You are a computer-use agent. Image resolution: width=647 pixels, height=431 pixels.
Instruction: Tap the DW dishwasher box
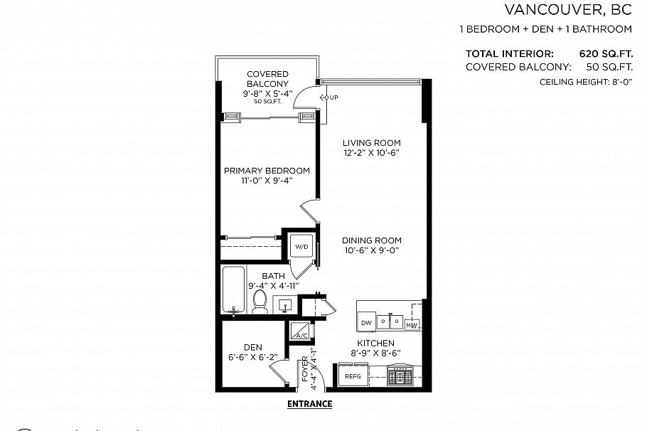[x=367, y=323]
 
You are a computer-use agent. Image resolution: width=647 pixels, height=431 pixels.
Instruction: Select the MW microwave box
[x=412, y=324]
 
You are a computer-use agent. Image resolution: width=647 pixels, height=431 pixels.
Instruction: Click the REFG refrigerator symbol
[x=353, y=376]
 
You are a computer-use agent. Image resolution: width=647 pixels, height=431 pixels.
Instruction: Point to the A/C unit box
[x=297, y=332]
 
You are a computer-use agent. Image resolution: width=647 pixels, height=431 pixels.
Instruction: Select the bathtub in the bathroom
[x=234, y=289]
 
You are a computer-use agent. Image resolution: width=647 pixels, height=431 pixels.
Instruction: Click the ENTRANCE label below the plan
[x=309, y=404]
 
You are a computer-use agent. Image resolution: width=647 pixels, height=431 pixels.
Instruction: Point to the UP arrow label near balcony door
[x=331, y=97]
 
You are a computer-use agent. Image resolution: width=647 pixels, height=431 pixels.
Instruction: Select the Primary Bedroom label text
[x=267, y=171]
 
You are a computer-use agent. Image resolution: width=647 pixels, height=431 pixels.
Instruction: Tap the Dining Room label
[x=372, y=240]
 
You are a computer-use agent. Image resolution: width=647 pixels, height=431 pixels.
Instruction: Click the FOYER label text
[x=305, y=368]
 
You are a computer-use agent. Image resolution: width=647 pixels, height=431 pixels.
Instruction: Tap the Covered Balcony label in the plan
[x=267, y=79]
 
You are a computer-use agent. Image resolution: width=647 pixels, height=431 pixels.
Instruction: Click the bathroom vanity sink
[x=284, y=304]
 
